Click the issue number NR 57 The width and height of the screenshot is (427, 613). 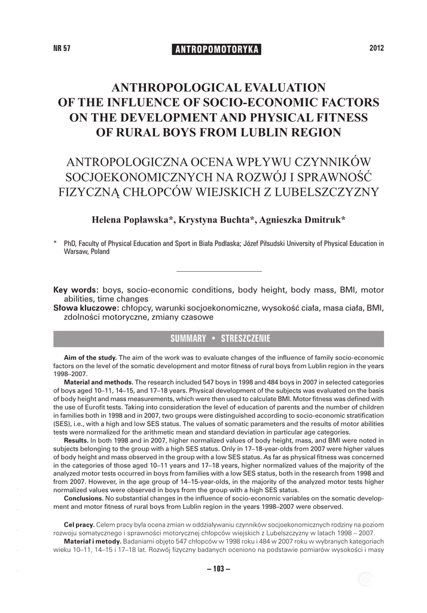coord(62,48)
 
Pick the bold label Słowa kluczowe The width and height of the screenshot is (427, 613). coord(83,307)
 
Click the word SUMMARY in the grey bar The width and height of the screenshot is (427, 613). coord(188,339)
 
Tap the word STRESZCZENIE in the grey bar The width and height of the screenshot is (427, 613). coord(245,339)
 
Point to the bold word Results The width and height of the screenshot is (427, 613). coord(76,440)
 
